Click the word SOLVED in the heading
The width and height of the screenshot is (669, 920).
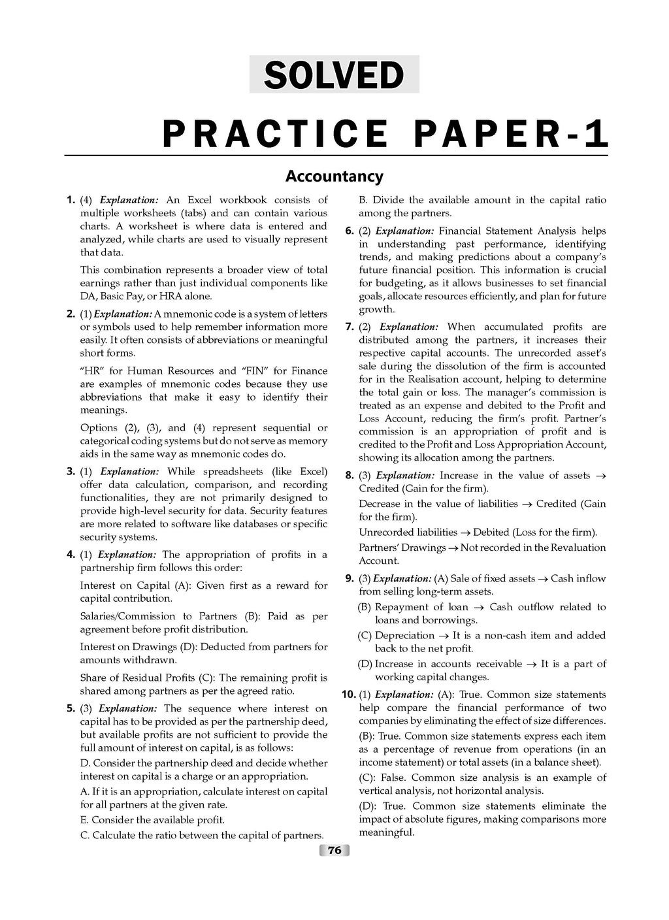[x=334, y=74]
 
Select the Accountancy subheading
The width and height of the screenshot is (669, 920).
[x=334, y=176]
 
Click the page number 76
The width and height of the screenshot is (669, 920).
[x=334, y=850]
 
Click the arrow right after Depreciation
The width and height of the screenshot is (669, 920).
[x=444, y=636]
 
